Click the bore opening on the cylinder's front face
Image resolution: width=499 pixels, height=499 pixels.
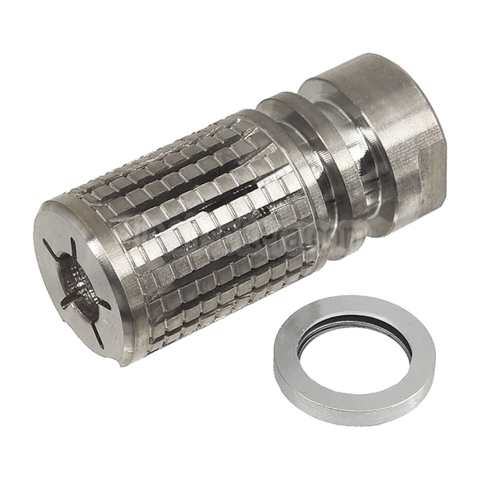77,283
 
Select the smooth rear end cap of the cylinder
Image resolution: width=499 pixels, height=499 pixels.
385,107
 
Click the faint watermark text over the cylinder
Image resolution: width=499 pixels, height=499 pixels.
292,239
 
